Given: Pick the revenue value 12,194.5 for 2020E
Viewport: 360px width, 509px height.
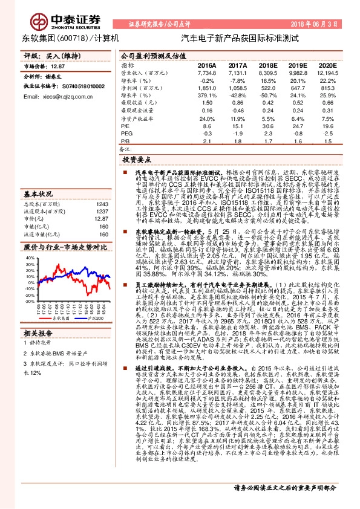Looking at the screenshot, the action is tap(325, 73).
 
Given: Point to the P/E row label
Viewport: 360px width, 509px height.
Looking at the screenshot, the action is tap(125, 126).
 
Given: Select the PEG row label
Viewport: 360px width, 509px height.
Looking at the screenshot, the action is tap(126, 133).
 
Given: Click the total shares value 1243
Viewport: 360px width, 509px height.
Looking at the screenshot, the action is tap(102, 204).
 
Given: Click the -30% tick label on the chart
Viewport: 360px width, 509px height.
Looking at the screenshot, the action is tap(30, 300).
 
